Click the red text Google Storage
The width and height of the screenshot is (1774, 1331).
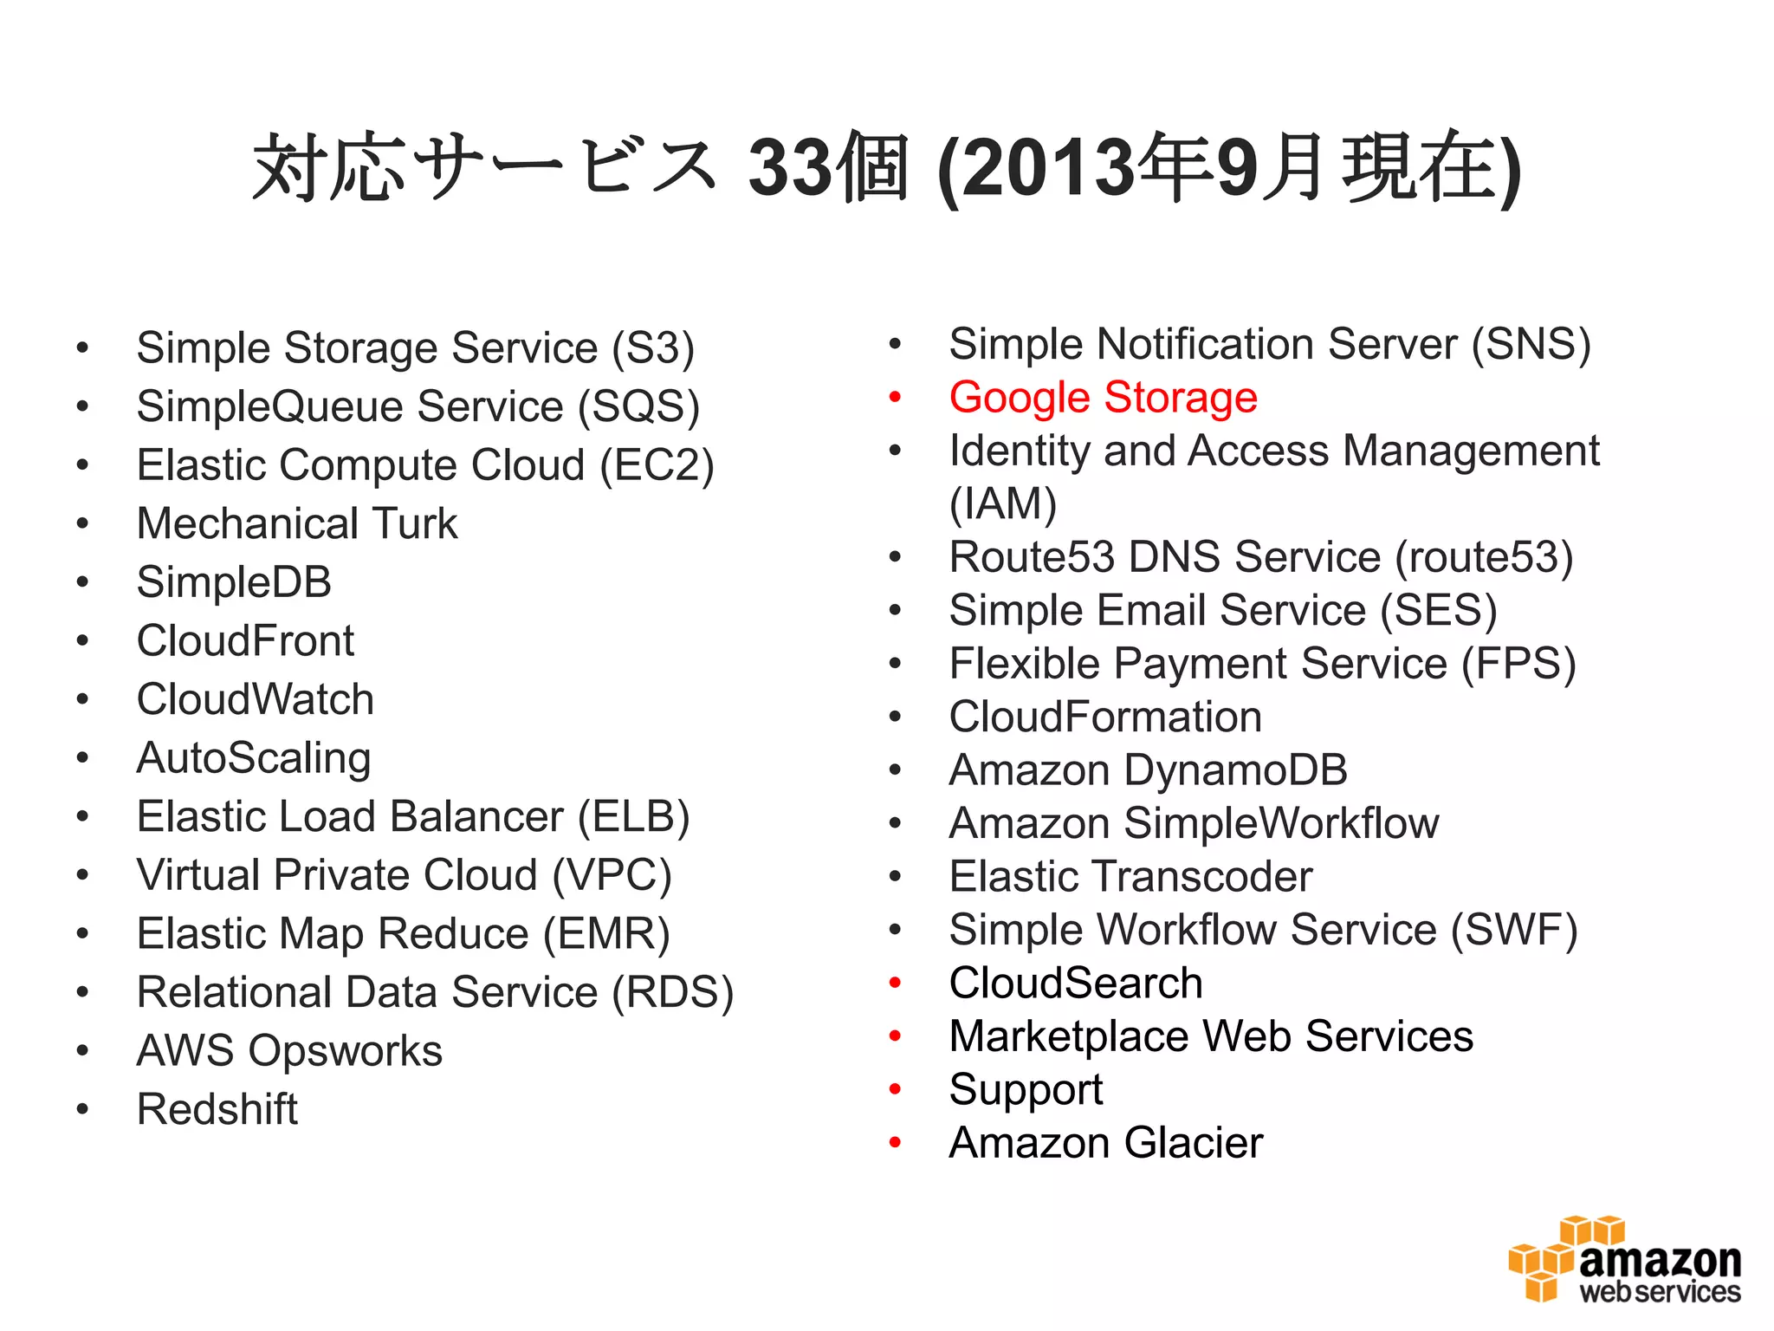(x=1103, y=398)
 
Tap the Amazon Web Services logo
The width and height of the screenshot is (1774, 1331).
(x=1624, y=1262)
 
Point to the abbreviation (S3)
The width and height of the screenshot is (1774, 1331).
(x=653, y=348)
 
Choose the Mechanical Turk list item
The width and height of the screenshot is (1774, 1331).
(x=297, y=523)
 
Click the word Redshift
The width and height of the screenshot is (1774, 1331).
(x=217, y=1109)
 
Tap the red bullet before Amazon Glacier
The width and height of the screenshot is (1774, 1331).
(x=896, y=1143)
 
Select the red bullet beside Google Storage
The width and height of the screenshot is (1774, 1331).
(x=896, y=398)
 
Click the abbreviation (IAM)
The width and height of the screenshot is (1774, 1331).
(x=1003, y=503)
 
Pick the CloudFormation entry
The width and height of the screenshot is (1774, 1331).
(x=1105, y=717)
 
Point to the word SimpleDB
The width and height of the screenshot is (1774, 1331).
(x=234, y=582)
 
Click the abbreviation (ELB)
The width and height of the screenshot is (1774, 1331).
(x=633, y=816)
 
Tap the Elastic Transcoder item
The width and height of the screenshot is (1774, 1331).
(x=1130, y=876)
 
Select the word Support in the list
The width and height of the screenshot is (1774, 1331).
(x=1026, y=1089)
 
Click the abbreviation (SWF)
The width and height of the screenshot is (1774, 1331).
(x=1514, y=930)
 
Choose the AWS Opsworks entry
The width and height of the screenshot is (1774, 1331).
(x=289, y=1050)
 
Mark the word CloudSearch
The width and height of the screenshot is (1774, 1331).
(x=1076, y=983)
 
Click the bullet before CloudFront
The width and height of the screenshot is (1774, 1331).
(x=82, y=641)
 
